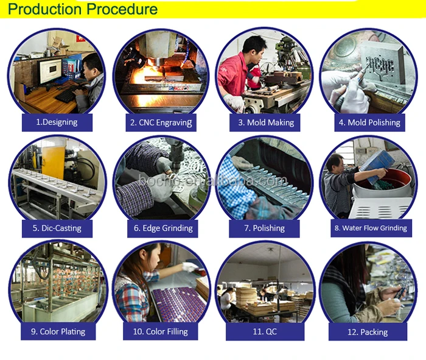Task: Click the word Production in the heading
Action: (x=45, y=9)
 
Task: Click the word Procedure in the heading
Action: (x=122, y=9)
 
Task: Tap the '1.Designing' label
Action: (x=57, y=122)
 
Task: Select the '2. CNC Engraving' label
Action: (x=161, y=122)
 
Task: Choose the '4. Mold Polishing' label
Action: (x=369, y=122)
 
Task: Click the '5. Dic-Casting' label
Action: (x=57, y=228)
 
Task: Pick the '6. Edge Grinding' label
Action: (x=163, y=228)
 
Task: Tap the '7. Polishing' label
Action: (x=264, y=228)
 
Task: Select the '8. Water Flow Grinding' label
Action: (x=371, y=228)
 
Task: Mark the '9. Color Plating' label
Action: (x=58, y=332)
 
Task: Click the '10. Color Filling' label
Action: (x=160, y=332)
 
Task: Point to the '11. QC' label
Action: (x=265, y=331)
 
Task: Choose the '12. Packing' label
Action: (x=368, y=332)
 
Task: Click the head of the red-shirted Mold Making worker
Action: (x=254, y=45)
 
